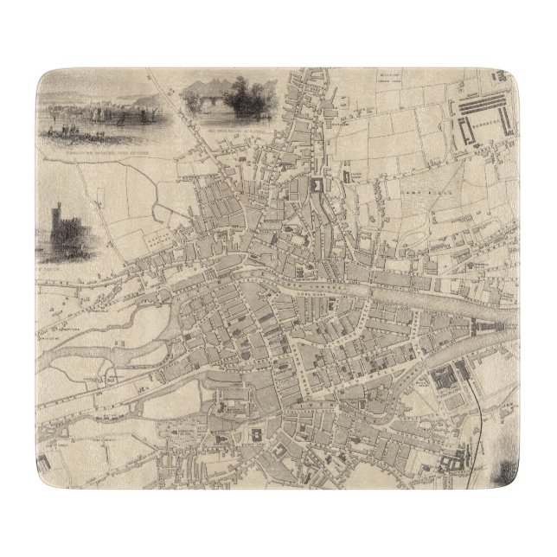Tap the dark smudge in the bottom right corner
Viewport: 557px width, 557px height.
pos(508,473)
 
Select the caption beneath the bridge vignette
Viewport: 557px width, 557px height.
pos(238,131)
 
